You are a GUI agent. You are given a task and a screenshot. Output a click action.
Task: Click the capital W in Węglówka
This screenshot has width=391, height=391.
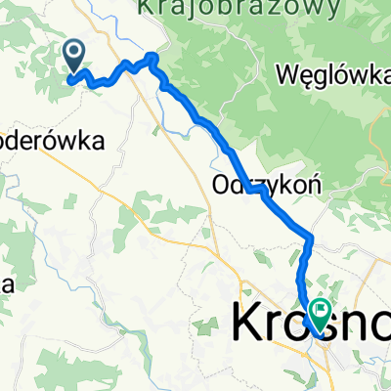(288, 74)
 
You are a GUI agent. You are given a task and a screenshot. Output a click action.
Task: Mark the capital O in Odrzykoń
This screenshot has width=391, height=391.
(219, 181)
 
